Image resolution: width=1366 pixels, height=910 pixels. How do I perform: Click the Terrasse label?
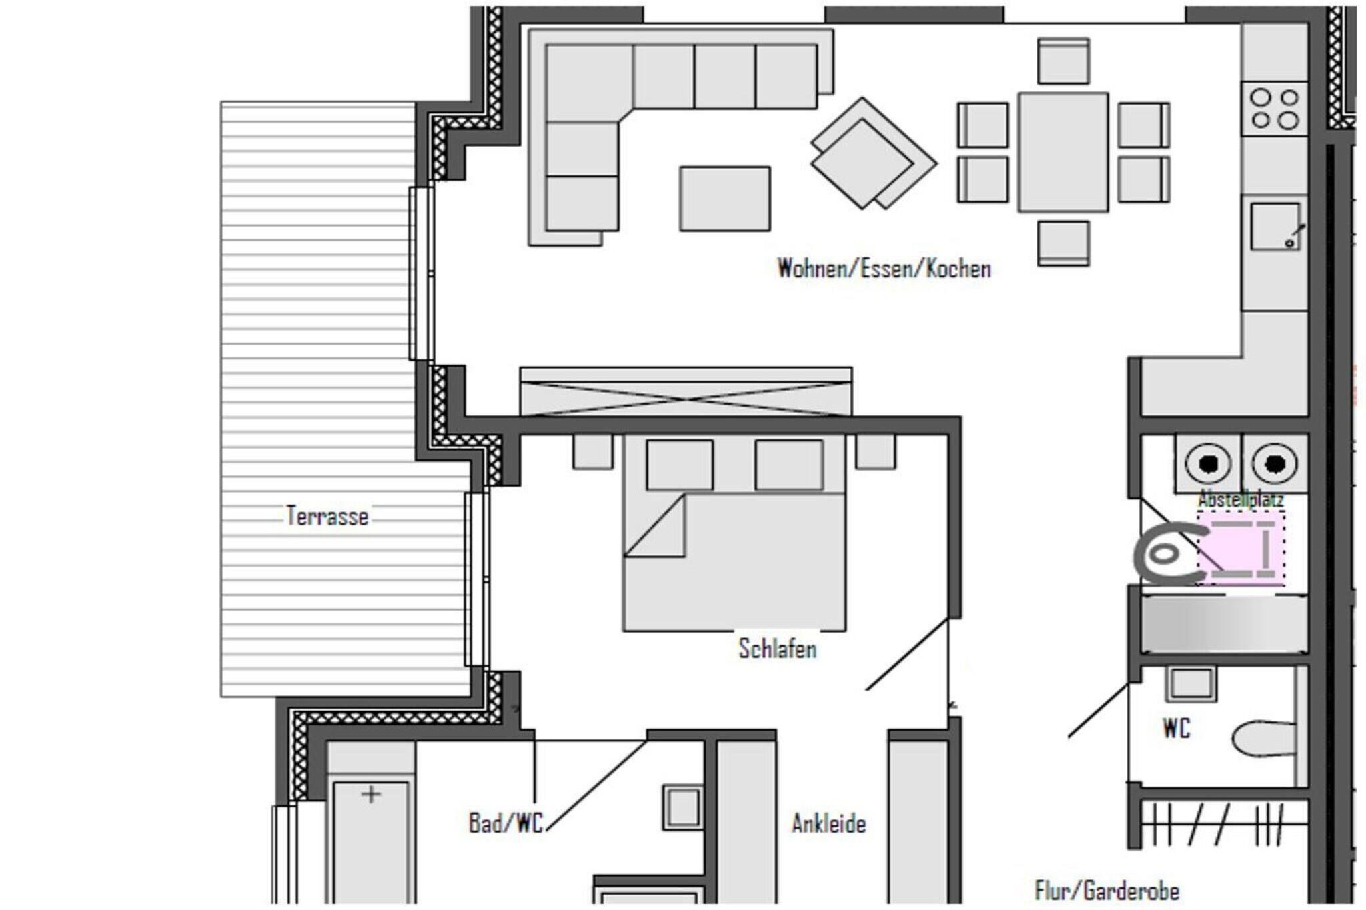327,516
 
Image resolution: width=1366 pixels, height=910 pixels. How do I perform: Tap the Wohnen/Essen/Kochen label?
884,269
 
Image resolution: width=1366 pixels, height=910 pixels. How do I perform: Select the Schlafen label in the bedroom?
778,649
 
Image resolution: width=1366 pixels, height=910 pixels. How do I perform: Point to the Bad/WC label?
506,823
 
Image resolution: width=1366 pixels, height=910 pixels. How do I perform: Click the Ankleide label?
829,824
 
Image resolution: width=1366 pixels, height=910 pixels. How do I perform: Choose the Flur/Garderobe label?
1107,891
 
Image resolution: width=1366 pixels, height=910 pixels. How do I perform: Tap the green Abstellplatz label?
1241,499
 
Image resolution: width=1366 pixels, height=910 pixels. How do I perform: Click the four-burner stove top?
1275,109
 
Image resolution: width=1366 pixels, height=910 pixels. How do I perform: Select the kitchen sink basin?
1275,227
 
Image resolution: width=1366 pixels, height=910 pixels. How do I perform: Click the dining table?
1063,153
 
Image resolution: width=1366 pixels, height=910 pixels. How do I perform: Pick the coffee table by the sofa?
725,199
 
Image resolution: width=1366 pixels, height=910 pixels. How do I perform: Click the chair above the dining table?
1064,61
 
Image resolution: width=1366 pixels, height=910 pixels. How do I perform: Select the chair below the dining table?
1064,244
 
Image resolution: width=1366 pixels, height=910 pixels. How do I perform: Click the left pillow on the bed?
680,465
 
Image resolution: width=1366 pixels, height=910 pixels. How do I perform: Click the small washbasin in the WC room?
1191,684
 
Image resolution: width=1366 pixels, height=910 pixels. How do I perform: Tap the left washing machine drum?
1208,463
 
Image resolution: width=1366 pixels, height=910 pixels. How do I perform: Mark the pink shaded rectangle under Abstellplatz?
1241,548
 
